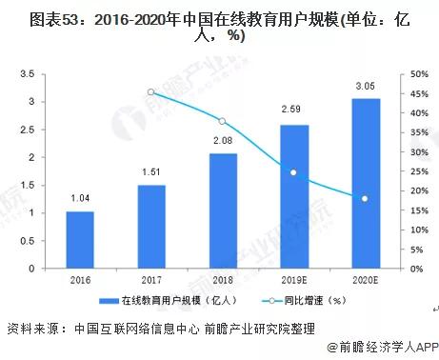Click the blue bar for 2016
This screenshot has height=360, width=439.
click(80, 240)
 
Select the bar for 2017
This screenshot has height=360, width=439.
click(150, 227)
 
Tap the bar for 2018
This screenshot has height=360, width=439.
click(222, 210)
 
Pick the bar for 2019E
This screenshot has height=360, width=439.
click(293, 197)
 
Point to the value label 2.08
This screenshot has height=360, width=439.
click(222, 141)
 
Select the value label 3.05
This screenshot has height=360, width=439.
click(364, 85)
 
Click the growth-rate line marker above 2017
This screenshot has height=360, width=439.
click(150, 92)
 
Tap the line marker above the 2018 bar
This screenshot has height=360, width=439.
click(222, 121)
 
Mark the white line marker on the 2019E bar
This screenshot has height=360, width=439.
click(293, 172)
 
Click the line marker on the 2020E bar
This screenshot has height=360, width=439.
click(364, 198)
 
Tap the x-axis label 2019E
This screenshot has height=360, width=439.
click(293, 280)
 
